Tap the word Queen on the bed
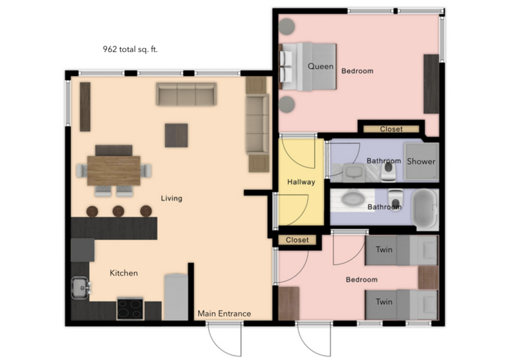point(320,66)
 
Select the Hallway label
point(301,182)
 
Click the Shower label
point(422,162)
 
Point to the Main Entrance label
point(224,314)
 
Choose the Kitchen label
point(123,273)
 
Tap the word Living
point(172,198)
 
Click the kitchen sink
point(79,287)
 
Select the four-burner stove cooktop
point(130,308)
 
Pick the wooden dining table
point(114,170)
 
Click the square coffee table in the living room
point(176,135)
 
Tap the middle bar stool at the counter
point(118,211)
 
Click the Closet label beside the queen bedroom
point(391,129)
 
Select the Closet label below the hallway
point(297,240)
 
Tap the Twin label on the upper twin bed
point(384,250)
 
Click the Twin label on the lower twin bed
point(384,302)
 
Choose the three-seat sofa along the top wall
point(186,95)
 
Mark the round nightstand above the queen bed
point(287,27)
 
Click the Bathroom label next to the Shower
point(384,161)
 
